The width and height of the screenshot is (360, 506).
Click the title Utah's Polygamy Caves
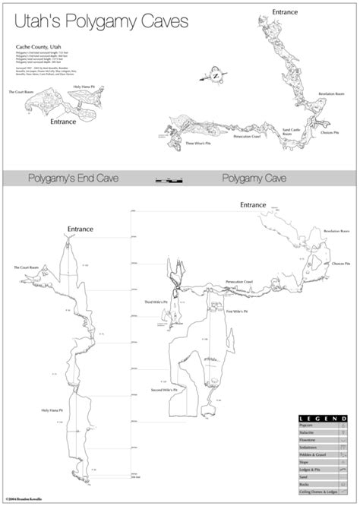101,23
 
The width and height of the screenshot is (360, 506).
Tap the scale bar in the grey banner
169,180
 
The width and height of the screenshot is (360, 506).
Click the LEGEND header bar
322,419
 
